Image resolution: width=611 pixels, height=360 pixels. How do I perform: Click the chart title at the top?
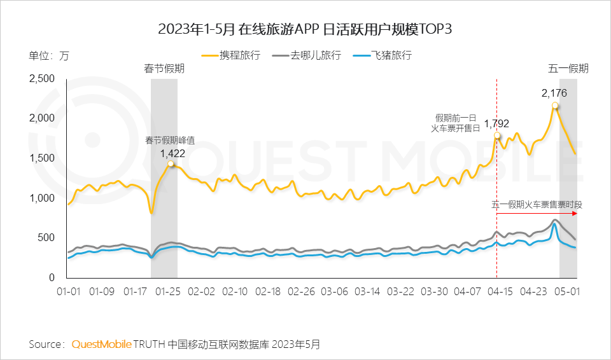305,29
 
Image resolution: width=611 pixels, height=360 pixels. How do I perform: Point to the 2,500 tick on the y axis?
43,78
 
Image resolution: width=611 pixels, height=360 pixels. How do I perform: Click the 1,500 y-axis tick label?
43,158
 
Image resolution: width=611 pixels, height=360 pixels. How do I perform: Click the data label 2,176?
554,93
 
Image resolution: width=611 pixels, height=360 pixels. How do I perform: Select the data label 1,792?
496,124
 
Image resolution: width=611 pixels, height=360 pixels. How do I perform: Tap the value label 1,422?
172,153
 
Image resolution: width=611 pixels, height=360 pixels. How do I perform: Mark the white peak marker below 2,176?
555,106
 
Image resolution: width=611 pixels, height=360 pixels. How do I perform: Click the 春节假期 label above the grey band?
164,69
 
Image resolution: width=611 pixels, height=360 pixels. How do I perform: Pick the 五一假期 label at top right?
568,69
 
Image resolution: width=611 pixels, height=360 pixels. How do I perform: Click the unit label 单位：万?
49,55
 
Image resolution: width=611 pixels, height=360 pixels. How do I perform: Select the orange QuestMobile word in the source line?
101,344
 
